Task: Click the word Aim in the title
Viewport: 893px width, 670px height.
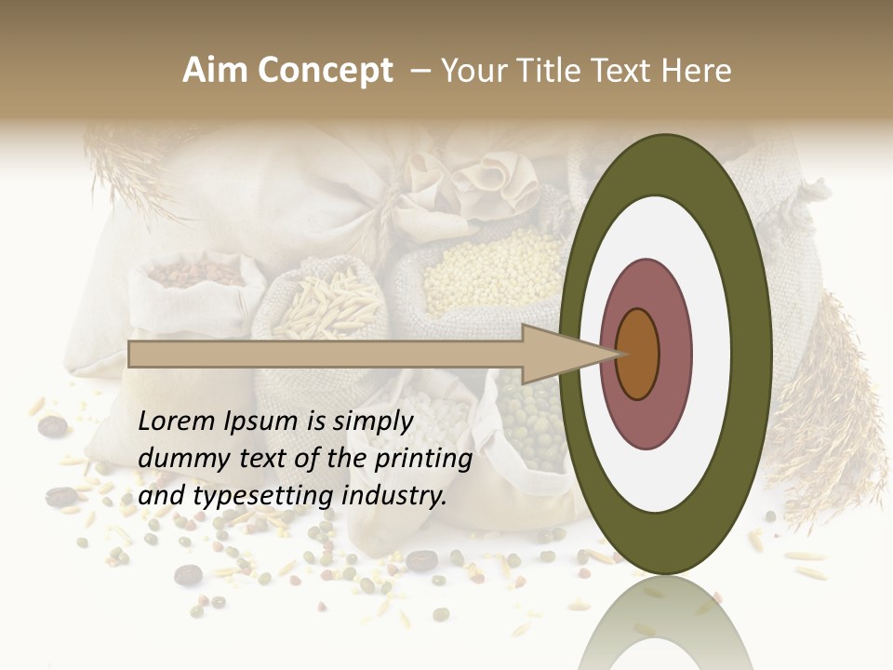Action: pos(215,71)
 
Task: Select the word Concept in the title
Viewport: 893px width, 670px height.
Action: pos(324,71)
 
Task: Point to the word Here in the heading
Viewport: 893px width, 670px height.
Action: pos(699,71)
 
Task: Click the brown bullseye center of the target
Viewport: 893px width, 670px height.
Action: pos(637,354)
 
